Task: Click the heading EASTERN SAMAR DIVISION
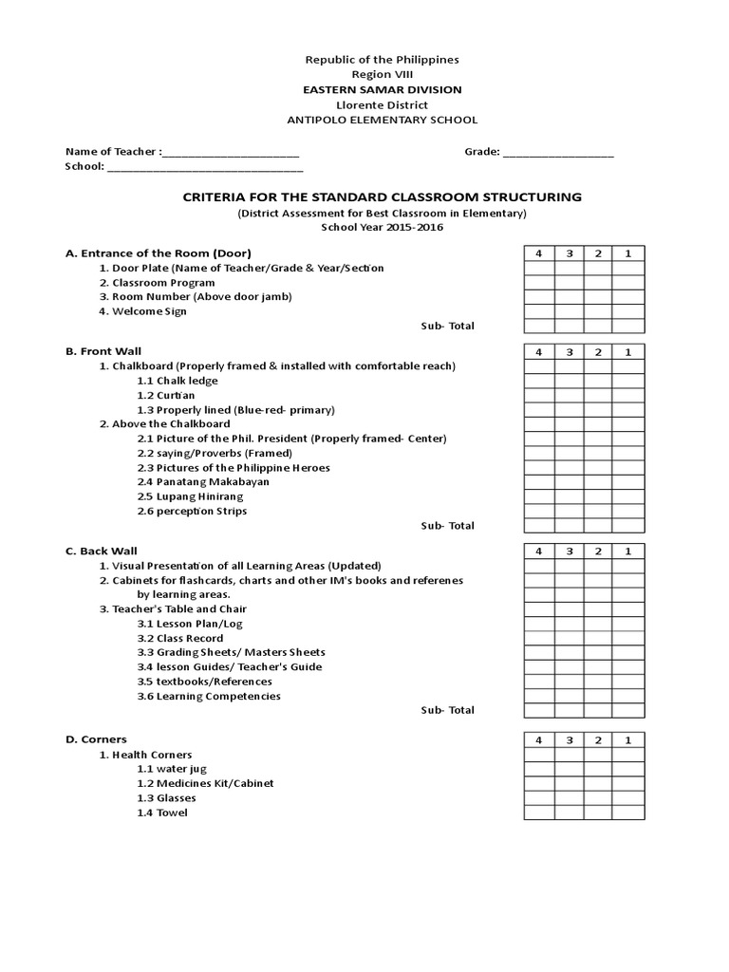(x=382, y=89)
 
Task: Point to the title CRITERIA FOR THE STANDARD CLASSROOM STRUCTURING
(x=382, y=197)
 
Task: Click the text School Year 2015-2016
(x=382, y=228)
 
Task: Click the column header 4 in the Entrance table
(x=538, y=253)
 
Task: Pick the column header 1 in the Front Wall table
(x=627, y=352)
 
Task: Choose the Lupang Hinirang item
(x=190, y=496)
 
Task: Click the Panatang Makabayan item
(x=202, y=482)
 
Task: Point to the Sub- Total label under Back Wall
(x=447, y=710)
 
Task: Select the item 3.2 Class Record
(x=180, y=638)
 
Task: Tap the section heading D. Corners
(x=96, y=739)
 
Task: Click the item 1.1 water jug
(x=172, y=769)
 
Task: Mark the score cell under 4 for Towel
(x=538, y=813)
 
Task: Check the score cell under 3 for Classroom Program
(x=569, y=283)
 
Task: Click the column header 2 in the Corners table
(x=598, y=740)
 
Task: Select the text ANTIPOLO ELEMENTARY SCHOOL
(x=382, y=120)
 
